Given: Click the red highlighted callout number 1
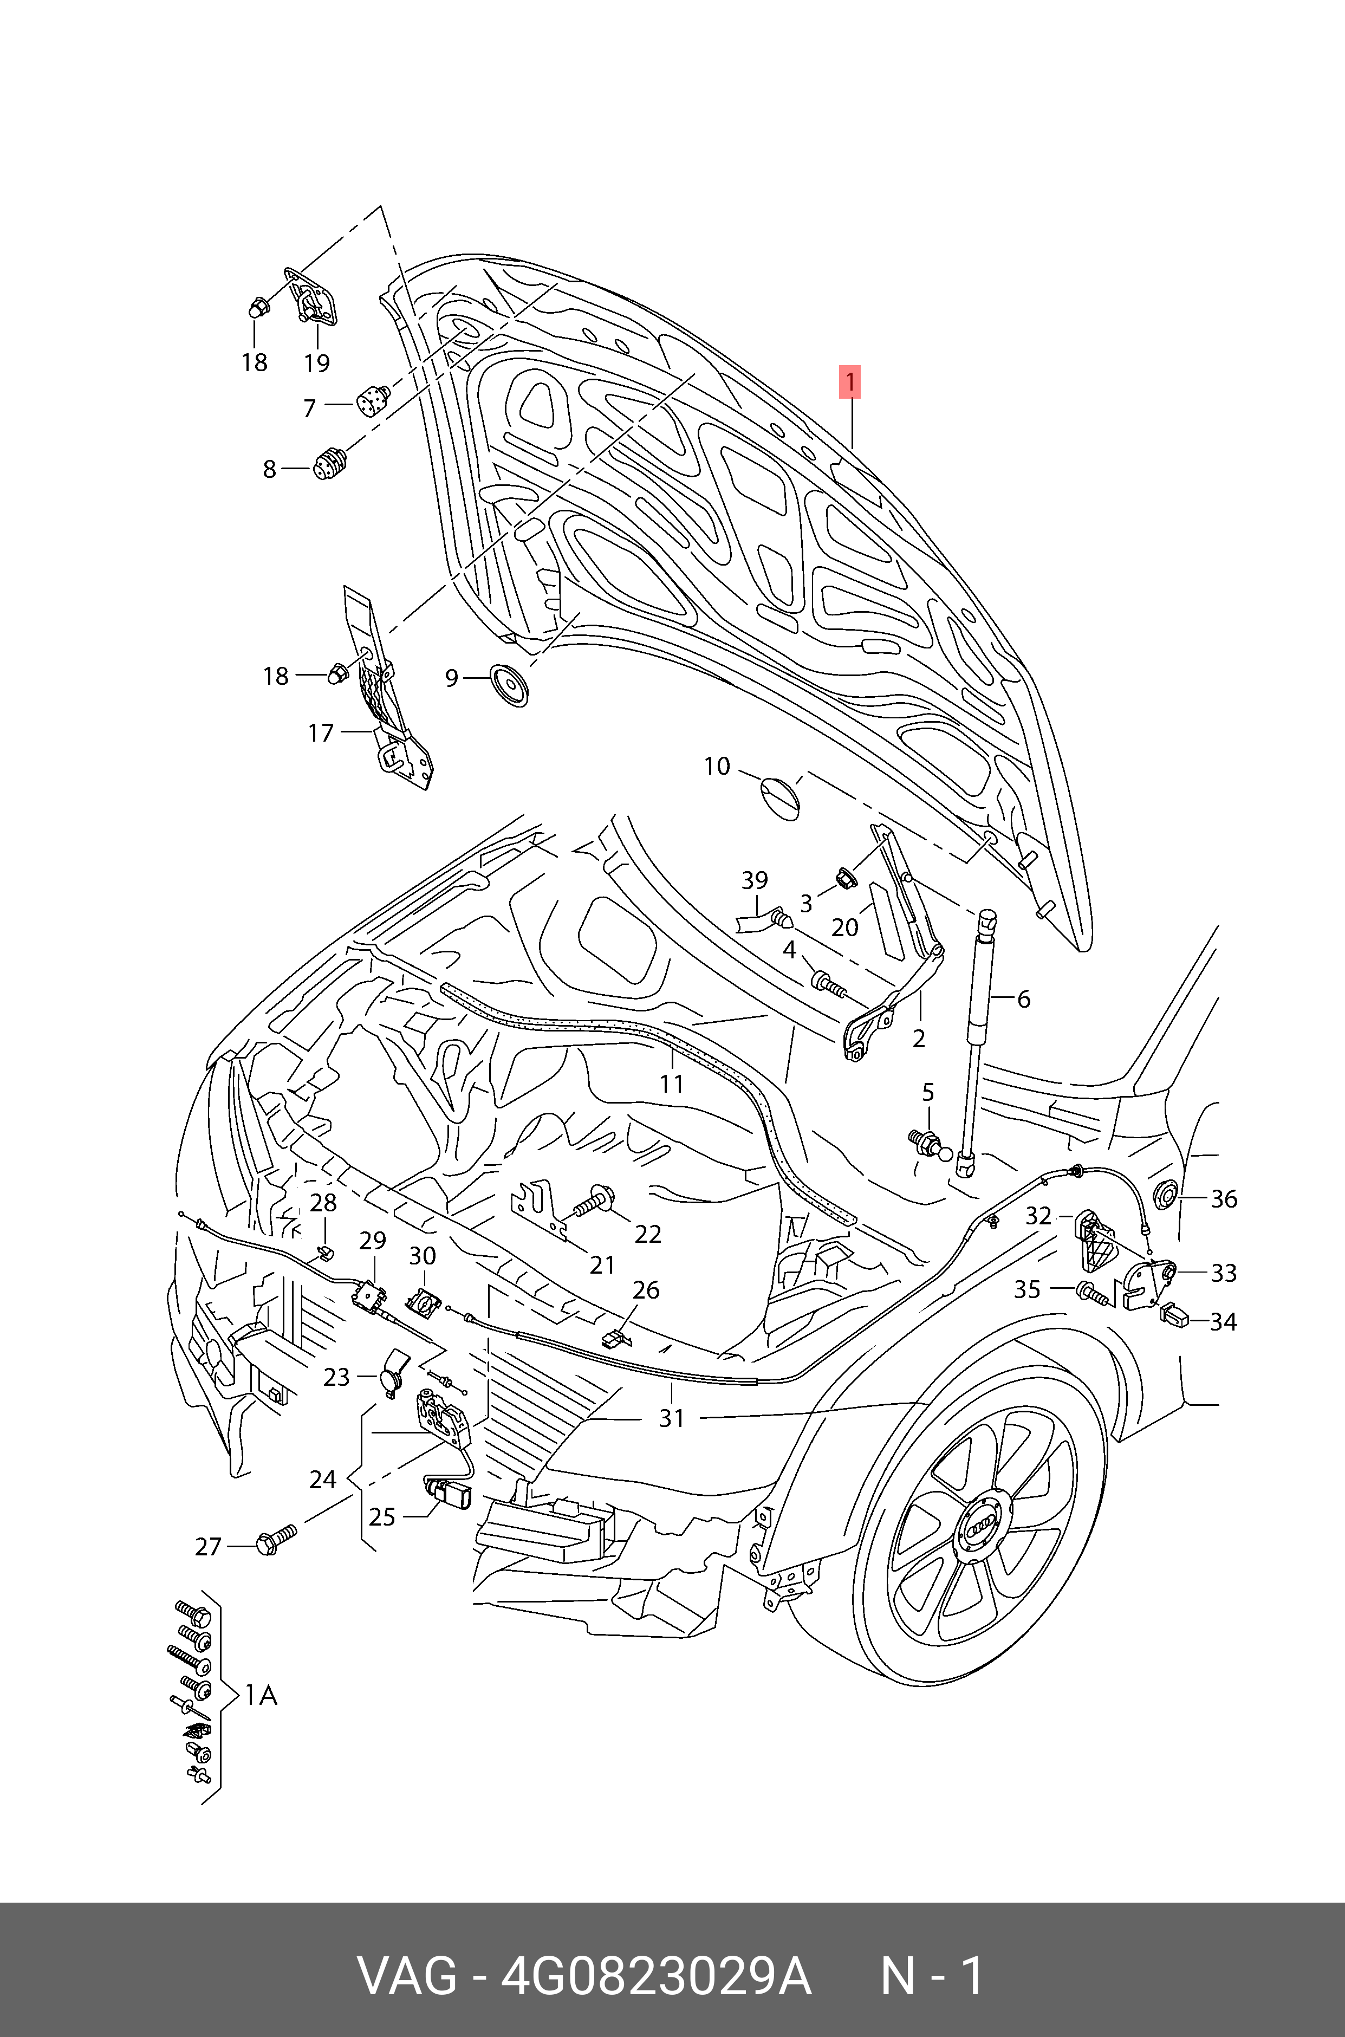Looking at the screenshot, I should (849, 382).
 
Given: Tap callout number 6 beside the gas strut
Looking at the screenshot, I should (1023, 999).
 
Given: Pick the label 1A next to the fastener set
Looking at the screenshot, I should (261, 1696).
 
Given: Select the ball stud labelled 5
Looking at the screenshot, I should (926, 1143).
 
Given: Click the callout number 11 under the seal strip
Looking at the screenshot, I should (672, 1084).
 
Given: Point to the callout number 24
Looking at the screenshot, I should (322, 1480).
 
